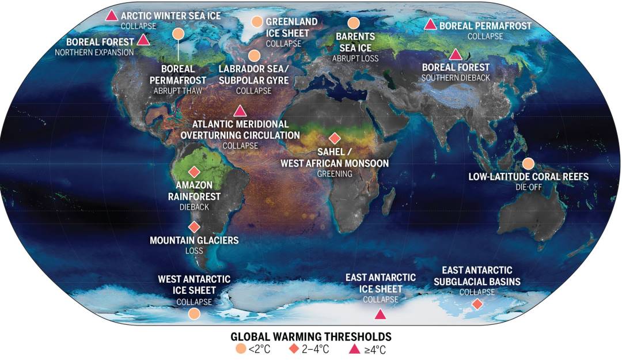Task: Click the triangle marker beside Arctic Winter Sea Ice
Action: click(112, 16)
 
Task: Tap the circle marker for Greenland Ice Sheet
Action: click(257, 22)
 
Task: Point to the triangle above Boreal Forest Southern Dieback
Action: click(456, 55)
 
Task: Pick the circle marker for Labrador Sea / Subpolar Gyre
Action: click(254, 56)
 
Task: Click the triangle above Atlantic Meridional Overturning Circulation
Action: click(240, 111)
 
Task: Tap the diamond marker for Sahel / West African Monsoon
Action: click(334, 138)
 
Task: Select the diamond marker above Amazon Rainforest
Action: click(194, 172)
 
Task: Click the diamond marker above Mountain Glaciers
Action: click(194, 227)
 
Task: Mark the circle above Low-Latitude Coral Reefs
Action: click(528, 163)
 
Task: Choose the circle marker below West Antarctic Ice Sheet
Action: click(195, 313)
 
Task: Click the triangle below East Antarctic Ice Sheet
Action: click(380, 314)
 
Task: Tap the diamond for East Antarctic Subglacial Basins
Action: click(477, 304)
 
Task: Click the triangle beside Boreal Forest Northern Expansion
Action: click(143, 40)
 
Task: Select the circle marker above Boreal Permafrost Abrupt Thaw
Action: click(179, 34)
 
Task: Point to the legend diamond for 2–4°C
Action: click(294, 348)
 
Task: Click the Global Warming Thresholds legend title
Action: click(311, 336)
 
